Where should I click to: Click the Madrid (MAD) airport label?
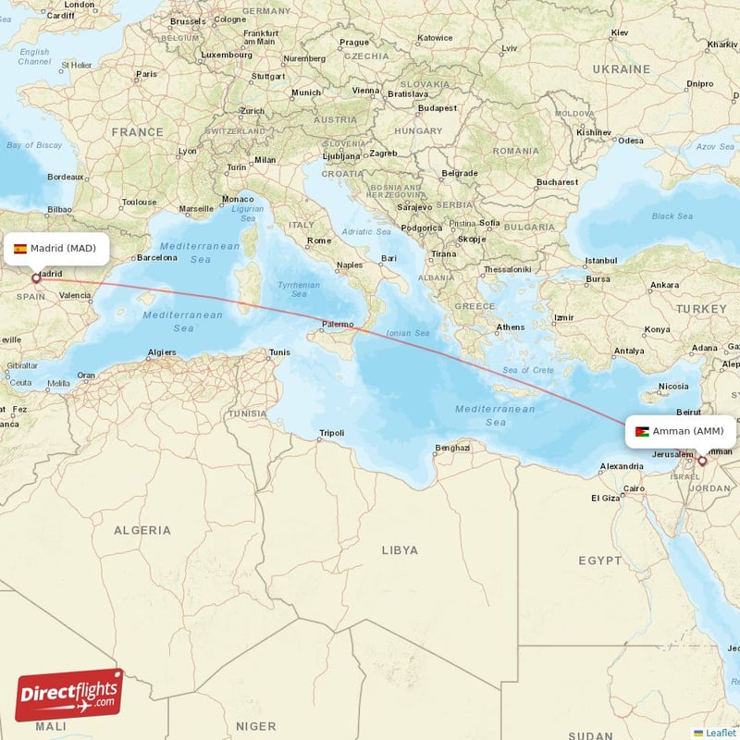pyautogui.click(x=63, y=248)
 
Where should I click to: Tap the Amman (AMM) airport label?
pyautogui.click(x=688, y=431)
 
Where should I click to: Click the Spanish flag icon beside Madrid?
pyautogui.click(x=20, y=248)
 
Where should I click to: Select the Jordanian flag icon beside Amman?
pyautogui.click(x=642, y=431)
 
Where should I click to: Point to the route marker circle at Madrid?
pyautogui.click(x=36, y=278)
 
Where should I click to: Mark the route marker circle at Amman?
pyautogui.click(x=702, y=461)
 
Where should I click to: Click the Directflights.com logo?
pyautogui.click(x=68, y=695)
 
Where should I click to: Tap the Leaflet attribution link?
pyautogui.click(x=720, y=733)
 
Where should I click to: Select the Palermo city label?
pyautogui.click(x=338, y=325)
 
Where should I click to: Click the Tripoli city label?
pyautogui.click(x=331, y=433)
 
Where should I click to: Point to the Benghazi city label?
pyautogui.click(x=452, y=449)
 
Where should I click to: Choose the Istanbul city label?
pyautogui.click(x=600, y=260)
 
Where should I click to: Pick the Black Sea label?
pyautogui.click(x=672, y=216)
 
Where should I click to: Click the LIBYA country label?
pyautogui.click(x=400, y=549)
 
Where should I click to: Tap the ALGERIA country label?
pyautogui.click(x=142, y=530)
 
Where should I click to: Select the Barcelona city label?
pyautogui.click(x=156, y=258)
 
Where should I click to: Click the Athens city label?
pyautogui.click(x=510, y=327)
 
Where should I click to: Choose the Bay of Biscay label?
pyautogui.click(x=33, y=145)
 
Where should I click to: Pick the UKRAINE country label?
pyautogui.click(x=621, y=69)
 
